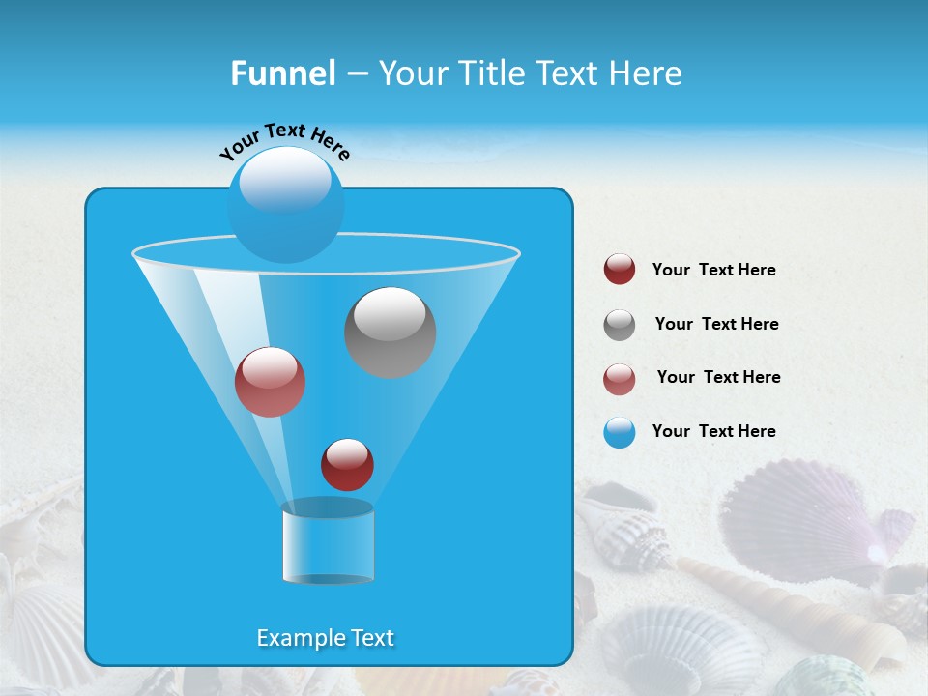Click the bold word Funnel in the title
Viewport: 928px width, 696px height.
click(x=282, y=73)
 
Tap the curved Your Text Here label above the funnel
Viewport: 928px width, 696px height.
click(x=284, y=142)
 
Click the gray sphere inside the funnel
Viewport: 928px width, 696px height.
click(x=390, y=333)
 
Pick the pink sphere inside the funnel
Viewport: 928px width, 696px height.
click(x=270, y=382)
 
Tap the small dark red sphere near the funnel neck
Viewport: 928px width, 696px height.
click(x=347, y=465)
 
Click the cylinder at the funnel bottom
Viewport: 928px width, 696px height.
click(x=328, y=542)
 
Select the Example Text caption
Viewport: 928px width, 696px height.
click(x=325, y=638)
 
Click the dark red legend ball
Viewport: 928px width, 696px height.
click(x=620, y=270)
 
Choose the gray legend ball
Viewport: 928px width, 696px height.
click(x=620, y=325)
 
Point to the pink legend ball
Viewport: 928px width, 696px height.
click(x=620, y=379)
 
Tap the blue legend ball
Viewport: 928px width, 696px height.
click(x=620, y=432)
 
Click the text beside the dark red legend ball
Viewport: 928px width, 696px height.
click(x=713, y=271)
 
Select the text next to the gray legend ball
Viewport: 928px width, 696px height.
click(x=716, y=325)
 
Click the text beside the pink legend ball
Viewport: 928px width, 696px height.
click(x=718, y=378)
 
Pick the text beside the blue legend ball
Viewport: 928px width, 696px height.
click(x=713, y=432)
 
